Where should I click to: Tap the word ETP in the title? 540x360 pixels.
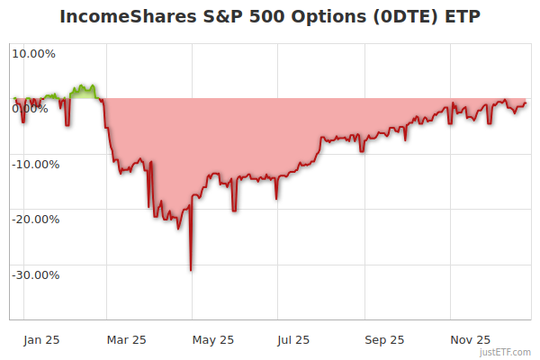(x=461, y=17)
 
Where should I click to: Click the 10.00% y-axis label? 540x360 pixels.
(x=33, y=53)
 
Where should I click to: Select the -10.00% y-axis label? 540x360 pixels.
(x=33, y=165)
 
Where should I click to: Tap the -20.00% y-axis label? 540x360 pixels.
(x=33, y=220)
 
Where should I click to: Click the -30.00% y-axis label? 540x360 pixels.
(x=33, y=275)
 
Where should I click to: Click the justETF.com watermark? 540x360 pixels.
(x=506, y=352)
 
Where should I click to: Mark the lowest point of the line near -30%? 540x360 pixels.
(x=191, y=270)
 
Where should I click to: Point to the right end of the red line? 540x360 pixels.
(x=526, y=103)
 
